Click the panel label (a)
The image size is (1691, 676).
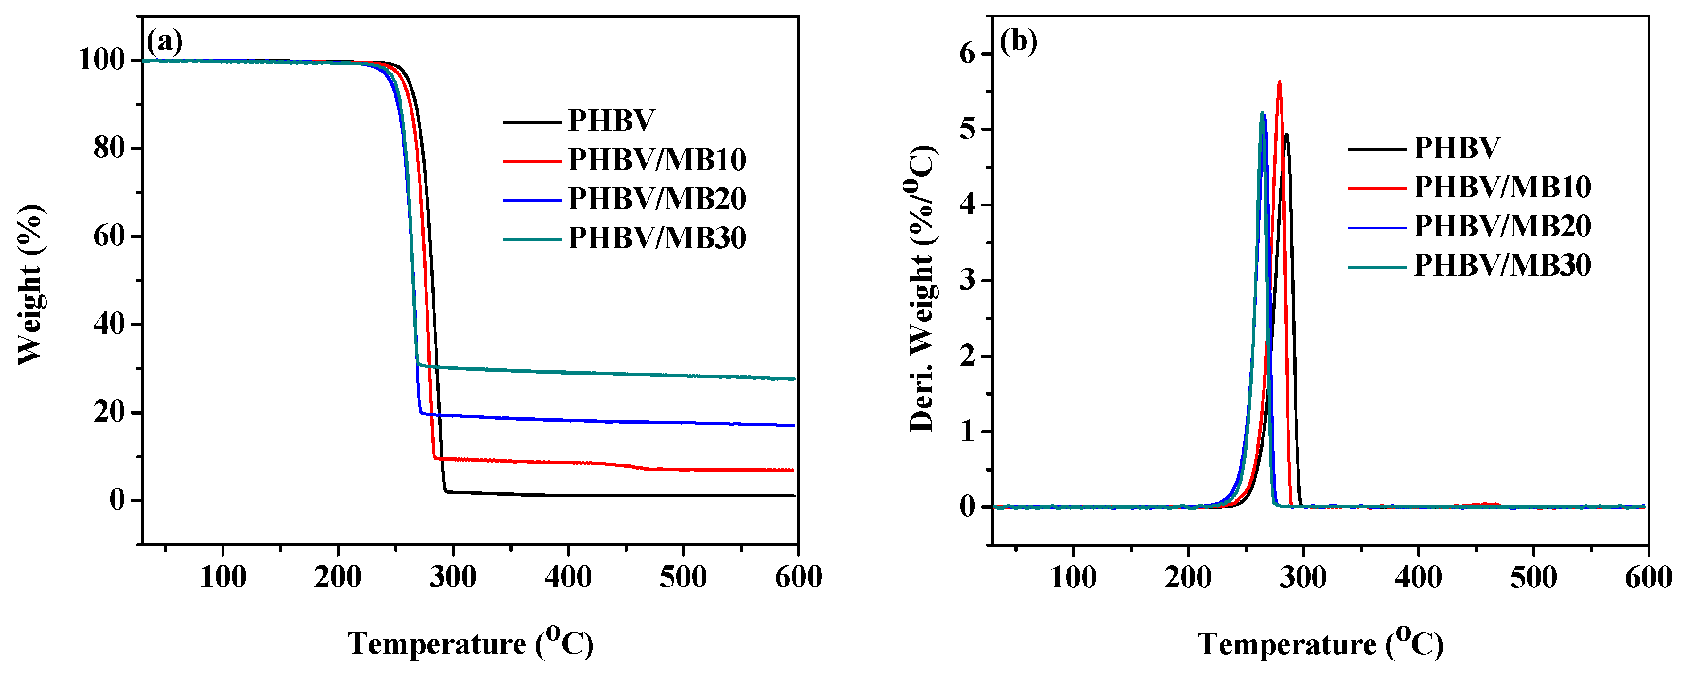164,43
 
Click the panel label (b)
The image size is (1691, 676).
1018,43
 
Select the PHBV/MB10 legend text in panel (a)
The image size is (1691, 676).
657,160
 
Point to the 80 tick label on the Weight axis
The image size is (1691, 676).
108,148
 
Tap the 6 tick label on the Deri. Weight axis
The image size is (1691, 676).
968,54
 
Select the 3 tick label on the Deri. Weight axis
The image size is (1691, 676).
968,281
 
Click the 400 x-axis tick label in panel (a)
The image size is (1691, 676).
568,578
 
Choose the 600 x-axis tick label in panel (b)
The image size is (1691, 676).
1648,578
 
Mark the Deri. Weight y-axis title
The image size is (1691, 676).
922,289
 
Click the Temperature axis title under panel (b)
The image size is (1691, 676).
1320,644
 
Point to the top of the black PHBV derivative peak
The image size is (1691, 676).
1287,135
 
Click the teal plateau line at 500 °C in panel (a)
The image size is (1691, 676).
683,376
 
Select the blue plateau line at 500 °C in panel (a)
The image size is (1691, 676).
683,424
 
